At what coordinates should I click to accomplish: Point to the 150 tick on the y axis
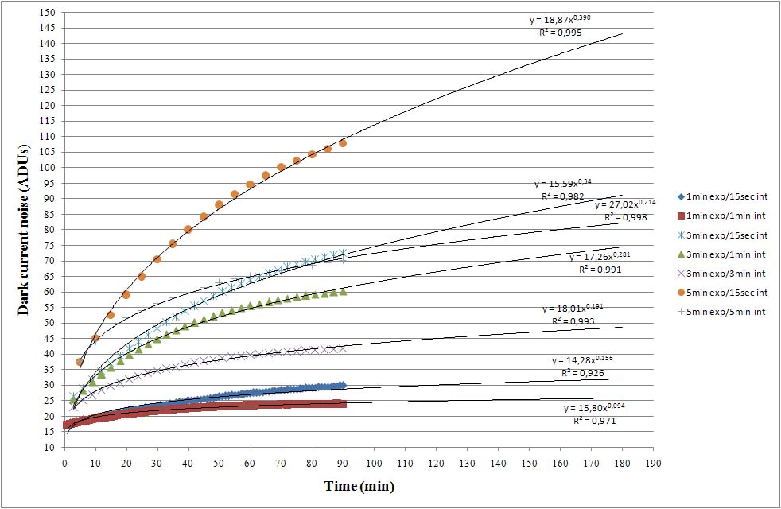pyautogui.click(x=49, y=13)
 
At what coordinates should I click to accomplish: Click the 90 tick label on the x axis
pyautogui.click(x=343, y=461)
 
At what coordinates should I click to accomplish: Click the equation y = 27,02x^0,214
pyautogui.click(x=625, y=204)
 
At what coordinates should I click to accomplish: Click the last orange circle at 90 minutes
pyautogui.click(x=343, y=143)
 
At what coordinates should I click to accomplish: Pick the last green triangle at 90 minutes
pyautogui.click(x=343, y=292)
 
